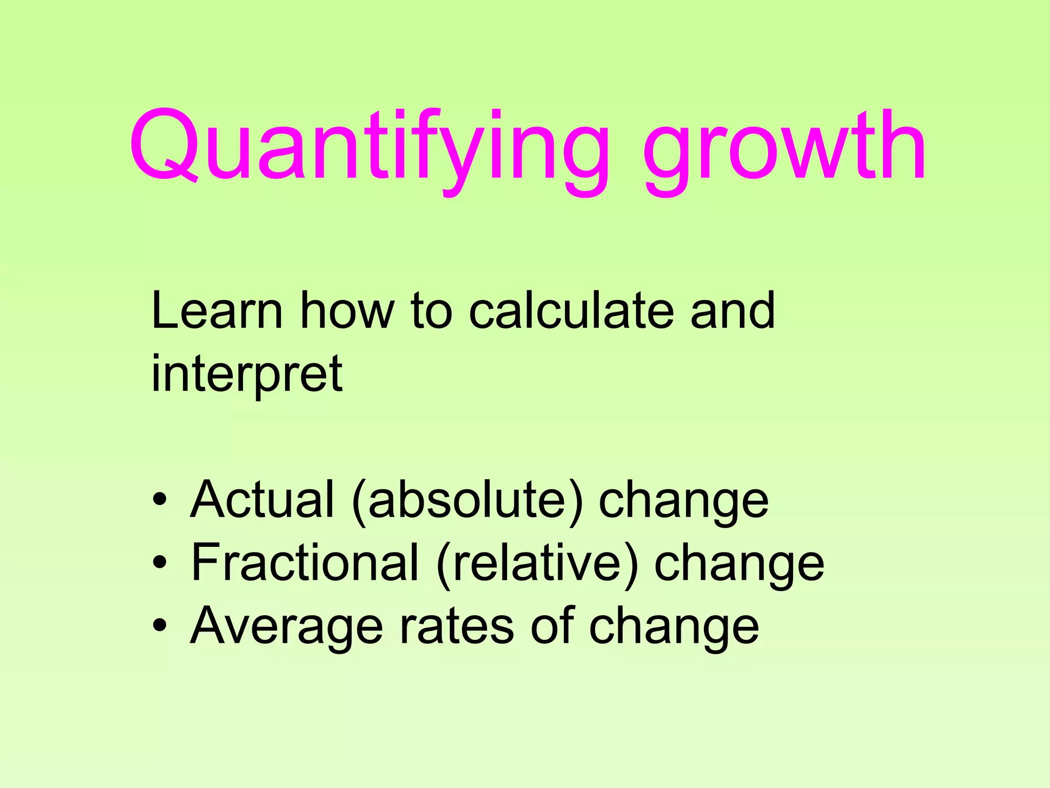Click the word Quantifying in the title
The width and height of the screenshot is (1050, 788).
tap(369, 149)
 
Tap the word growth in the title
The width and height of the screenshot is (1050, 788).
tap(784, 149)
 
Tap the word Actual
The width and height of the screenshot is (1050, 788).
tap(262, 499)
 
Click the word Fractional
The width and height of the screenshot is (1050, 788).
tap(305, 562)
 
